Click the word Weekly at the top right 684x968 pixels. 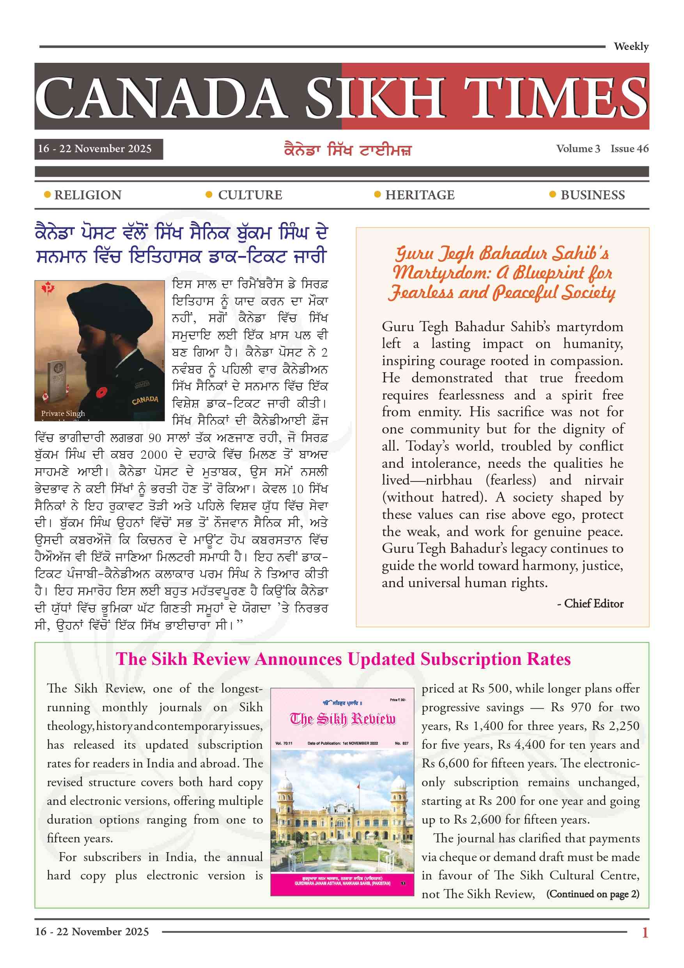point(631,46)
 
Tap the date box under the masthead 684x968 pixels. point(98,149)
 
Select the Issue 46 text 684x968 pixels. point(629,149)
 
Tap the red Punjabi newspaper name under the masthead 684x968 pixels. point(347,150)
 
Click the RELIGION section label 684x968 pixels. point(88,195)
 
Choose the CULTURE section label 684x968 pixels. point(250,195)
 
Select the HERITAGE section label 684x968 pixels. point(419,195)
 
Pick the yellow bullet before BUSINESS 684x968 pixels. point(553,194)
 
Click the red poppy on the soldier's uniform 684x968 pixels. point(101,392)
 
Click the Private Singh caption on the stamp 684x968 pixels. point(63,413)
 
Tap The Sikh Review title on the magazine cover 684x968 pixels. point(342,719)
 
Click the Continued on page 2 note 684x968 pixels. point(592,894)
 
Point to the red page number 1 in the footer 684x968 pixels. point(644,932)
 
